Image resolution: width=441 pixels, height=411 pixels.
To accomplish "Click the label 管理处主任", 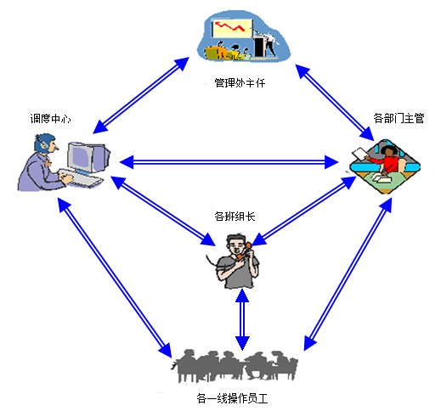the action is pyautogui.click(x=240, y=83).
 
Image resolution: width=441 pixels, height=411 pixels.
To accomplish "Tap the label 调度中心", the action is pyautogui.click(x=50, y=118).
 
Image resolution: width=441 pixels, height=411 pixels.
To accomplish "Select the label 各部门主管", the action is pyautogui.click(x=399, y=118).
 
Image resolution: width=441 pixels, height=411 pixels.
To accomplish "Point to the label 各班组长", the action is pyautogui.click(x=235, y=217).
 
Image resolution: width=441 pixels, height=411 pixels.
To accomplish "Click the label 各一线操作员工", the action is pyautogui.click(x=232, y=399).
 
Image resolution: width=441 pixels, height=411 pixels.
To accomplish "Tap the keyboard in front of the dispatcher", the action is pyautogui.click(x=81, y=177).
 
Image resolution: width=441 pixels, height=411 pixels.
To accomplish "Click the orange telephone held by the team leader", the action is pyautogui.click(x=244, y=251).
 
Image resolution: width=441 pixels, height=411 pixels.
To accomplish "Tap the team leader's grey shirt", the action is pyautogui.click(x=237, y=273).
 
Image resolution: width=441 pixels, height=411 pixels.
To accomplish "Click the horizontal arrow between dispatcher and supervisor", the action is pyautogui.click(x=229, y=162).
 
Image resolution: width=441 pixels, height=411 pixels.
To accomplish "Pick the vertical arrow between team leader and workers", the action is pyautogui.click(x=242, y=320).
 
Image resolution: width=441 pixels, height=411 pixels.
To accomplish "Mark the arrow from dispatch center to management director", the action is pyautogui.click(x=141, y=95).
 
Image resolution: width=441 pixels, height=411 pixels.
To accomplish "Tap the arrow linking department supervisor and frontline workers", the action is pyautogui.click(x=348, y=274).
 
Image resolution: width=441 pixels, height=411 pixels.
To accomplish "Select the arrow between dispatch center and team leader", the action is pyautogui.click(x=162, y=211).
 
